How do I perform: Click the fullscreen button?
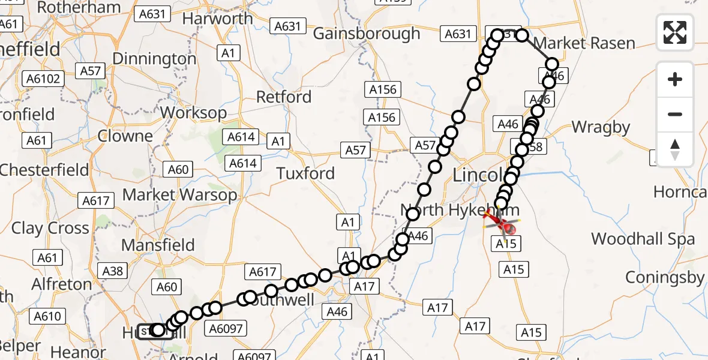[x=675, y=32]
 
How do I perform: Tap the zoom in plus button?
[x=675, y=79]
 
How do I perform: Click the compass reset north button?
[x=675, y=149]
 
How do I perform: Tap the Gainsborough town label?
[x=367, y=34]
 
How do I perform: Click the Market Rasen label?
[x=584, y=43]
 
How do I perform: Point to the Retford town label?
[x=284, y=97]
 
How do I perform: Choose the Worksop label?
[x=193, y=113]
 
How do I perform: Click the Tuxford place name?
[x=305, y=174]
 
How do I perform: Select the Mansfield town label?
[x=158, y=245]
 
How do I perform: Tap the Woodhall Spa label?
[x=643, y=239]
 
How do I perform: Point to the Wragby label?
[x=601, y=127]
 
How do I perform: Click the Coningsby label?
[x=665, y=278]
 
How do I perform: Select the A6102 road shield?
[x=43, y=79]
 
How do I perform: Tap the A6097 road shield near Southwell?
[x=225, y=328]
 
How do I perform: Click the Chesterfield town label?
[x=39, y=170]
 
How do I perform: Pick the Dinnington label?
[x=154, y=59]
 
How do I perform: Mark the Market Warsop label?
[x=179, y=195]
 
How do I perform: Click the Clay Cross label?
[x=50, y=229]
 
